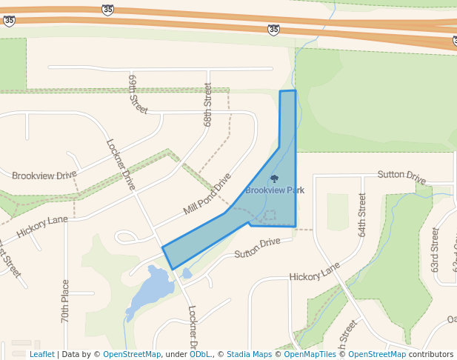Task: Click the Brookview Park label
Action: click(275, 190)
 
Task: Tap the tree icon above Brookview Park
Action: click(275, 179)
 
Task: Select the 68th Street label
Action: click(208, 104)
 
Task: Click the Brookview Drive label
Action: click(44, 175)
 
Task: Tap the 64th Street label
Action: click(362, 215)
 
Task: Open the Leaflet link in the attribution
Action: click(41, 355)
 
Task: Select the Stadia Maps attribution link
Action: click(249, 355)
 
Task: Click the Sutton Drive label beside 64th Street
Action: click(401, 176)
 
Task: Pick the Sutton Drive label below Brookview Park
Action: click(258, 247)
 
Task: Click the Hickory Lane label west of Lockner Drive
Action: click(42, 226)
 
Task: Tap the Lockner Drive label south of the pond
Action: click(193, 327)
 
